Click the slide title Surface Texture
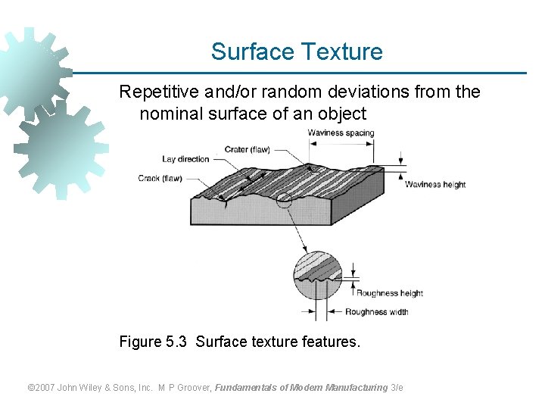click(297, 52)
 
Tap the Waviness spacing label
click(341, 133)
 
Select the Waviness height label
click(435, 184)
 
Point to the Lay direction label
click(185, 159)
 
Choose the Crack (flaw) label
click(160, 179)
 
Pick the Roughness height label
click(389, 293)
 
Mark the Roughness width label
click(376, 311)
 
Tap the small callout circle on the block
click(283, 200)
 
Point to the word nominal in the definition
click(170, 114)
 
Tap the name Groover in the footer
click(195, 388)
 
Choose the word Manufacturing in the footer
click(356, 388)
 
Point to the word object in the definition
click(342, 114)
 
